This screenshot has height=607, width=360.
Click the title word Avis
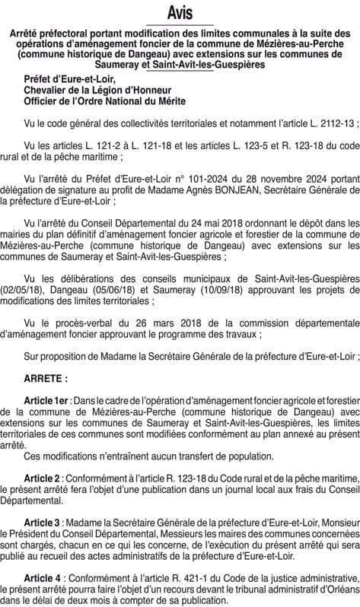tap(180, 12)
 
